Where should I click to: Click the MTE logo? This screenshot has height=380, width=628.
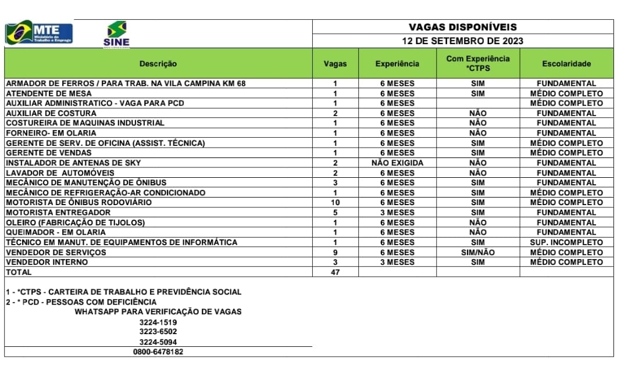click(40, 33)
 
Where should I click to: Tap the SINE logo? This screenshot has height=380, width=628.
click(116, 34)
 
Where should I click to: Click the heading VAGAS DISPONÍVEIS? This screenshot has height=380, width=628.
click(462, 27)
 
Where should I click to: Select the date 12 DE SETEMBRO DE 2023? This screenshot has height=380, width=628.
click(462, 41)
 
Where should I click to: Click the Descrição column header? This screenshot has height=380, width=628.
click(158, 64)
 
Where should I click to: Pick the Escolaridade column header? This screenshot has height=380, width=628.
click(566, 64)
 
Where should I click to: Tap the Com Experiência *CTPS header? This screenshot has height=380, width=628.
click(477, 63)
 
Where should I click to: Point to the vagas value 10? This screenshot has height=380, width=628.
click(335, 203)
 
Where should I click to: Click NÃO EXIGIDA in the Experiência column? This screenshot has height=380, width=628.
click(397, 163)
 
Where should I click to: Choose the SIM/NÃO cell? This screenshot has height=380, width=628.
click(477, 253)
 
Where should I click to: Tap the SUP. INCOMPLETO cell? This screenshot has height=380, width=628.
click(566, 242)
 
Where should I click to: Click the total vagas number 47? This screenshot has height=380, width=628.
click(335, 272)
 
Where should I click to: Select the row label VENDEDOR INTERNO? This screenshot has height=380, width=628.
click(47, 263)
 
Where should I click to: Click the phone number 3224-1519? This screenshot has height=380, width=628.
click(158, 322)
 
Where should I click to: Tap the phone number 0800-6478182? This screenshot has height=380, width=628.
click(158, 352)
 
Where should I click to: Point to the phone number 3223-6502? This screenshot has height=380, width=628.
click(158, 332)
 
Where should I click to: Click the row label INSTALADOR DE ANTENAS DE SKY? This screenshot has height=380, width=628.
click(73, 163)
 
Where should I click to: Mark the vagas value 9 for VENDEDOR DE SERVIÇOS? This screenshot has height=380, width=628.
click(335, 253)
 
